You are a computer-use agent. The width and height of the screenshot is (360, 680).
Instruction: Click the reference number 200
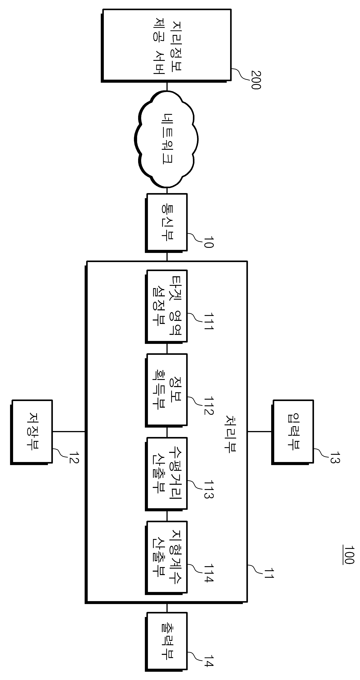256,80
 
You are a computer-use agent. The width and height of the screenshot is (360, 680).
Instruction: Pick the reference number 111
208,321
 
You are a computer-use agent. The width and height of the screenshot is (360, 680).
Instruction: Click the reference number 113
208,489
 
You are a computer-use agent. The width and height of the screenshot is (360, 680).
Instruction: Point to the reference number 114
208,573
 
